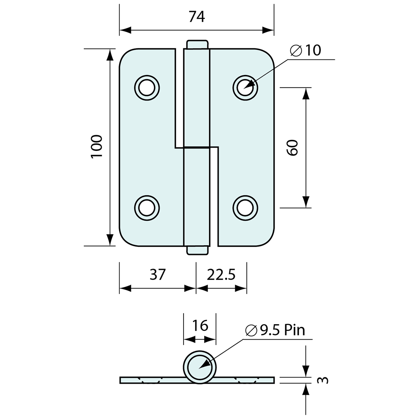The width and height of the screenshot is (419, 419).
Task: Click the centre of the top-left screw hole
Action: tap(147, 88)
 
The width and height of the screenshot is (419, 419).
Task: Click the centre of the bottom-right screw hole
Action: tap(245, 208)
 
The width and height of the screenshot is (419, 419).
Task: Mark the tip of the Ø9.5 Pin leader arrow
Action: tap(199, 369)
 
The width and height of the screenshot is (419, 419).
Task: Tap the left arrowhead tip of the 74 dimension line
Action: tap(120, 30)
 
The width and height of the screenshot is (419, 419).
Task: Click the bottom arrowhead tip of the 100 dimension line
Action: tap(110, 246)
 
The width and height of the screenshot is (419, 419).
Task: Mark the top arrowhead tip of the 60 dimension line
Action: tap(306, 88)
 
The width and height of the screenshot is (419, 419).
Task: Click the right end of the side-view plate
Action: tap(274, 380)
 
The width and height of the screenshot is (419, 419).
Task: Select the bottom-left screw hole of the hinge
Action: tap(147, 208)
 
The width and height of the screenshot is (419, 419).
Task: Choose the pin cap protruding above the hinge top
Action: tap(197, 44)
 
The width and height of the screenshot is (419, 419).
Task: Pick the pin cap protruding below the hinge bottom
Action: tap(197, 250)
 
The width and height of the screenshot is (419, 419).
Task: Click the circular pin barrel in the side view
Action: tap(200, 367)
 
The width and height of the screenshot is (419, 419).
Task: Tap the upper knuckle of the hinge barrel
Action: tap(197, 98)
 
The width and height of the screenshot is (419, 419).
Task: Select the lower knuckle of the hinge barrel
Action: tap(197, 197)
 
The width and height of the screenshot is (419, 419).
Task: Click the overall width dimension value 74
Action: tap(197, 16)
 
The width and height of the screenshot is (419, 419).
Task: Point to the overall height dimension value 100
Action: tap(97, 147)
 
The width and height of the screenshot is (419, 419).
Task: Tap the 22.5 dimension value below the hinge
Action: tap(221, 274)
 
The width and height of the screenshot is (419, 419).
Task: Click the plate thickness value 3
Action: tap(323, 380)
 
